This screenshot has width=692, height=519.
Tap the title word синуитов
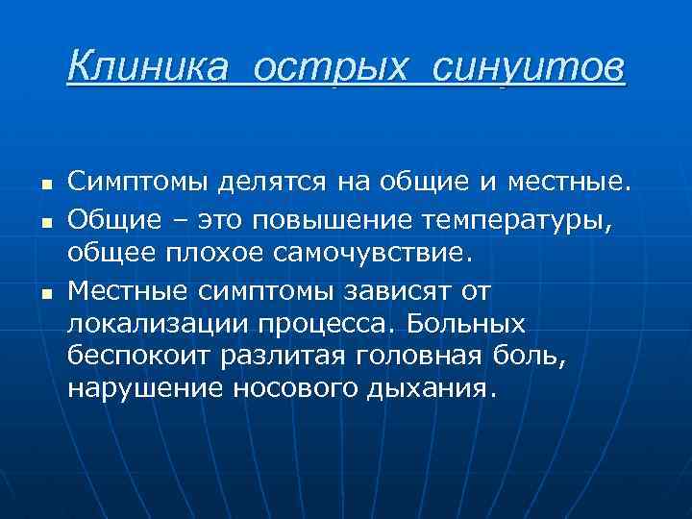pyautogui.click(x=530, y=68)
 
